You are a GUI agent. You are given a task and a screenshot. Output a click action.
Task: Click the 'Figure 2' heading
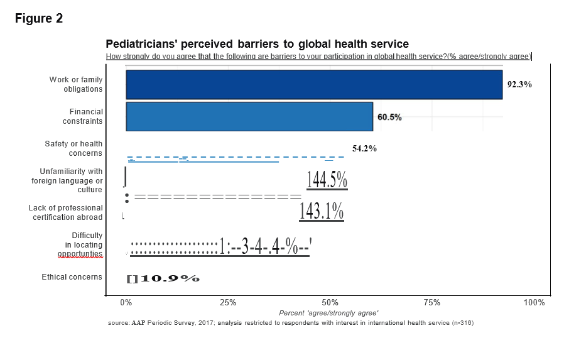(39, 19)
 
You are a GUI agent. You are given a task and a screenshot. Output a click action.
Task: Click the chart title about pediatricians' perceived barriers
(257, 44)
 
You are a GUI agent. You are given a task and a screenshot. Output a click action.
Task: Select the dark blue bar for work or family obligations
(314, 85)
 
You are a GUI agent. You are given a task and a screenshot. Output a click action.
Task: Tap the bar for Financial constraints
(249, 117)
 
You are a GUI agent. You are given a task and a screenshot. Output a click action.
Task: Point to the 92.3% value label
(519, 84)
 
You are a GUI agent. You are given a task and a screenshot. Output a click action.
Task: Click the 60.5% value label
(389, 117)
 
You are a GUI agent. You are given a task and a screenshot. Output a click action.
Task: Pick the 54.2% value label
(364, 149)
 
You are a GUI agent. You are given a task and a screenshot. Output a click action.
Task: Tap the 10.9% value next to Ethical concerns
(169, 278)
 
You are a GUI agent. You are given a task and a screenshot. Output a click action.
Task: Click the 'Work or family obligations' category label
(76, 84)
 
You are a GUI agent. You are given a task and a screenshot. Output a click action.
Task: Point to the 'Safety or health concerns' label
(73, 149)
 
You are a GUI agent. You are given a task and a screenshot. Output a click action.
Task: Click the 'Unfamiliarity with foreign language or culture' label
(67, 180)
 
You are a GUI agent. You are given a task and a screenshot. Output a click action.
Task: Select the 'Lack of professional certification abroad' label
(66, 212)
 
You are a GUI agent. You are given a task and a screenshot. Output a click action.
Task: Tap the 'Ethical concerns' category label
(72, 277)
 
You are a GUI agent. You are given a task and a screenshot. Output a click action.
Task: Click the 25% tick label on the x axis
(229, 303)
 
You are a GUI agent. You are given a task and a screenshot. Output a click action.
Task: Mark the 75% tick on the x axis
(432, 303)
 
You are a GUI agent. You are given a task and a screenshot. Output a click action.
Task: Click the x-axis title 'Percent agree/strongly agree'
(328, 313)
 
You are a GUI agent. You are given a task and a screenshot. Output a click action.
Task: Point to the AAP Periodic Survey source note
(290, 323)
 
